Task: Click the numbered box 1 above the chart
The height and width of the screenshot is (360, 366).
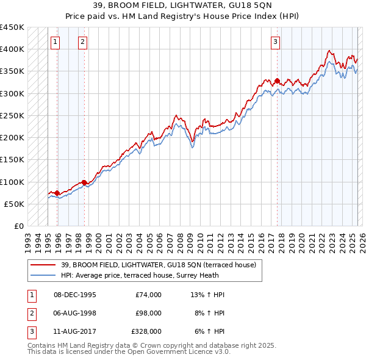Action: click(x=56, y=42)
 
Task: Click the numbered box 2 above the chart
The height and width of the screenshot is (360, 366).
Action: click(x=82, y=42)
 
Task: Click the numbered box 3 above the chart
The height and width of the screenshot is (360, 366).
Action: click(x=276, y=42)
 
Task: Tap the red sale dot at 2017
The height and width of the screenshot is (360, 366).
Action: click(x=277, y=81)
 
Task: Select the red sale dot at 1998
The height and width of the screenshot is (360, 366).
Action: click(x=84, y=182)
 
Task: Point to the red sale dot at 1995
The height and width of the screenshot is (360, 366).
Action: click(x=57, y=193)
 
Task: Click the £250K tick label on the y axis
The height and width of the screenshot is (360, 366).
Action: click(x=12, y=115)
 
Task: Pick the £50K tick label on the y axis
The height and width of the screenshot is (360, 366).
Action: click(x=14, y=204)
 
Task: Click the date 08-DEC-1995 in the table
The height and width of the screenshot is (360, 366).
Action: click(x=75, y=295)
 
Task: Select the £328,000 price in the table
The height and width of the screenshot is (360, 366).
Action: click(x=146, y=331)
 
